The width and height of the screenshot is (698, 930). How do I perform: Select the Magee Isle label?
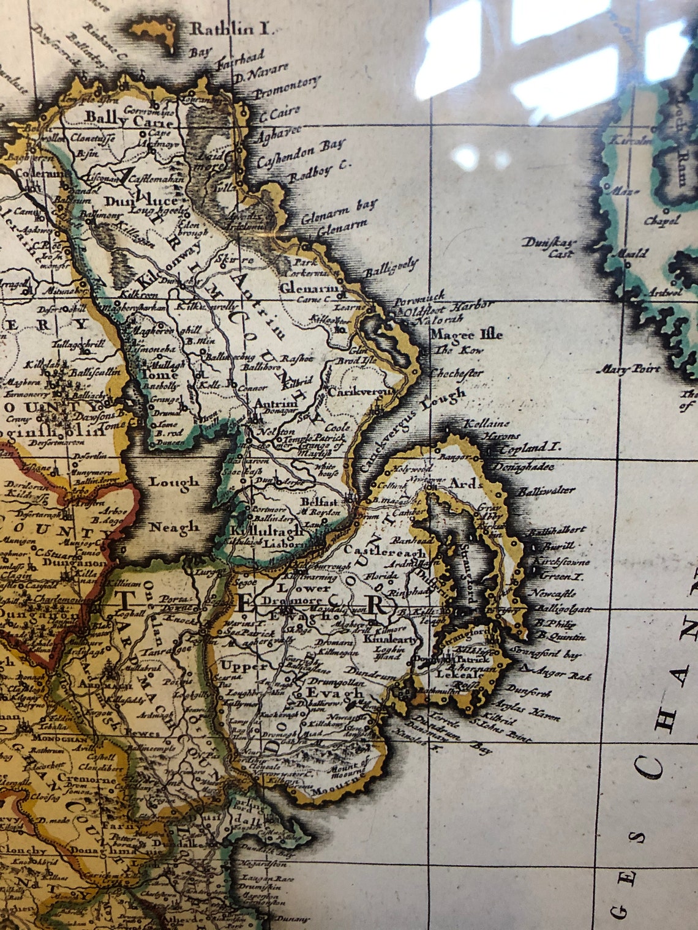(x=466, y=335)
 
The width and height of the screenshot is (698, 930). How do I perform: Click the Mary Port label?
(x=630, y=369)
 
